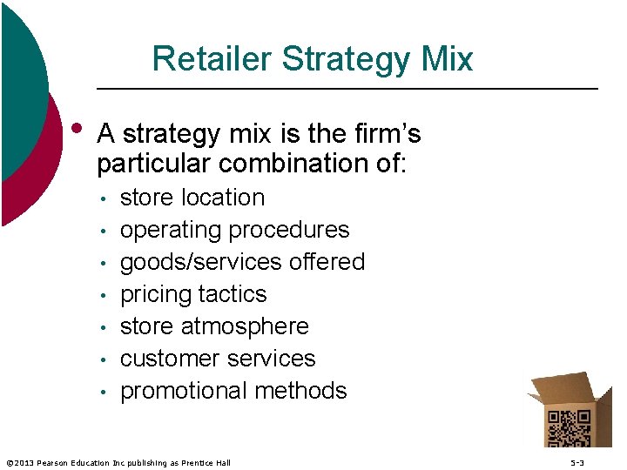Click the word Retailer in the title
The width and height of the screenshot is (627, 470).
tap(212, 59)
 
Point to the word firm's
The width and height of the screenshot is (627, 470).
tap(386, 134)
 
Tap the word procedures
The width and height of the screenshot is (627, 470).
tap(289, 230)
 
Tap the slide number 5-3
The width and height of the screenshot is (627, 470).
tap(577, 463)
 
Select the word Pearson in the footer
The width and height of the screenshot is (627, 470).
tap(57, 463)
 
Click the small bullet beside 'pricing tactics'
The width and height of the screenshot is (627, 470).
tap(103, 295)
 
